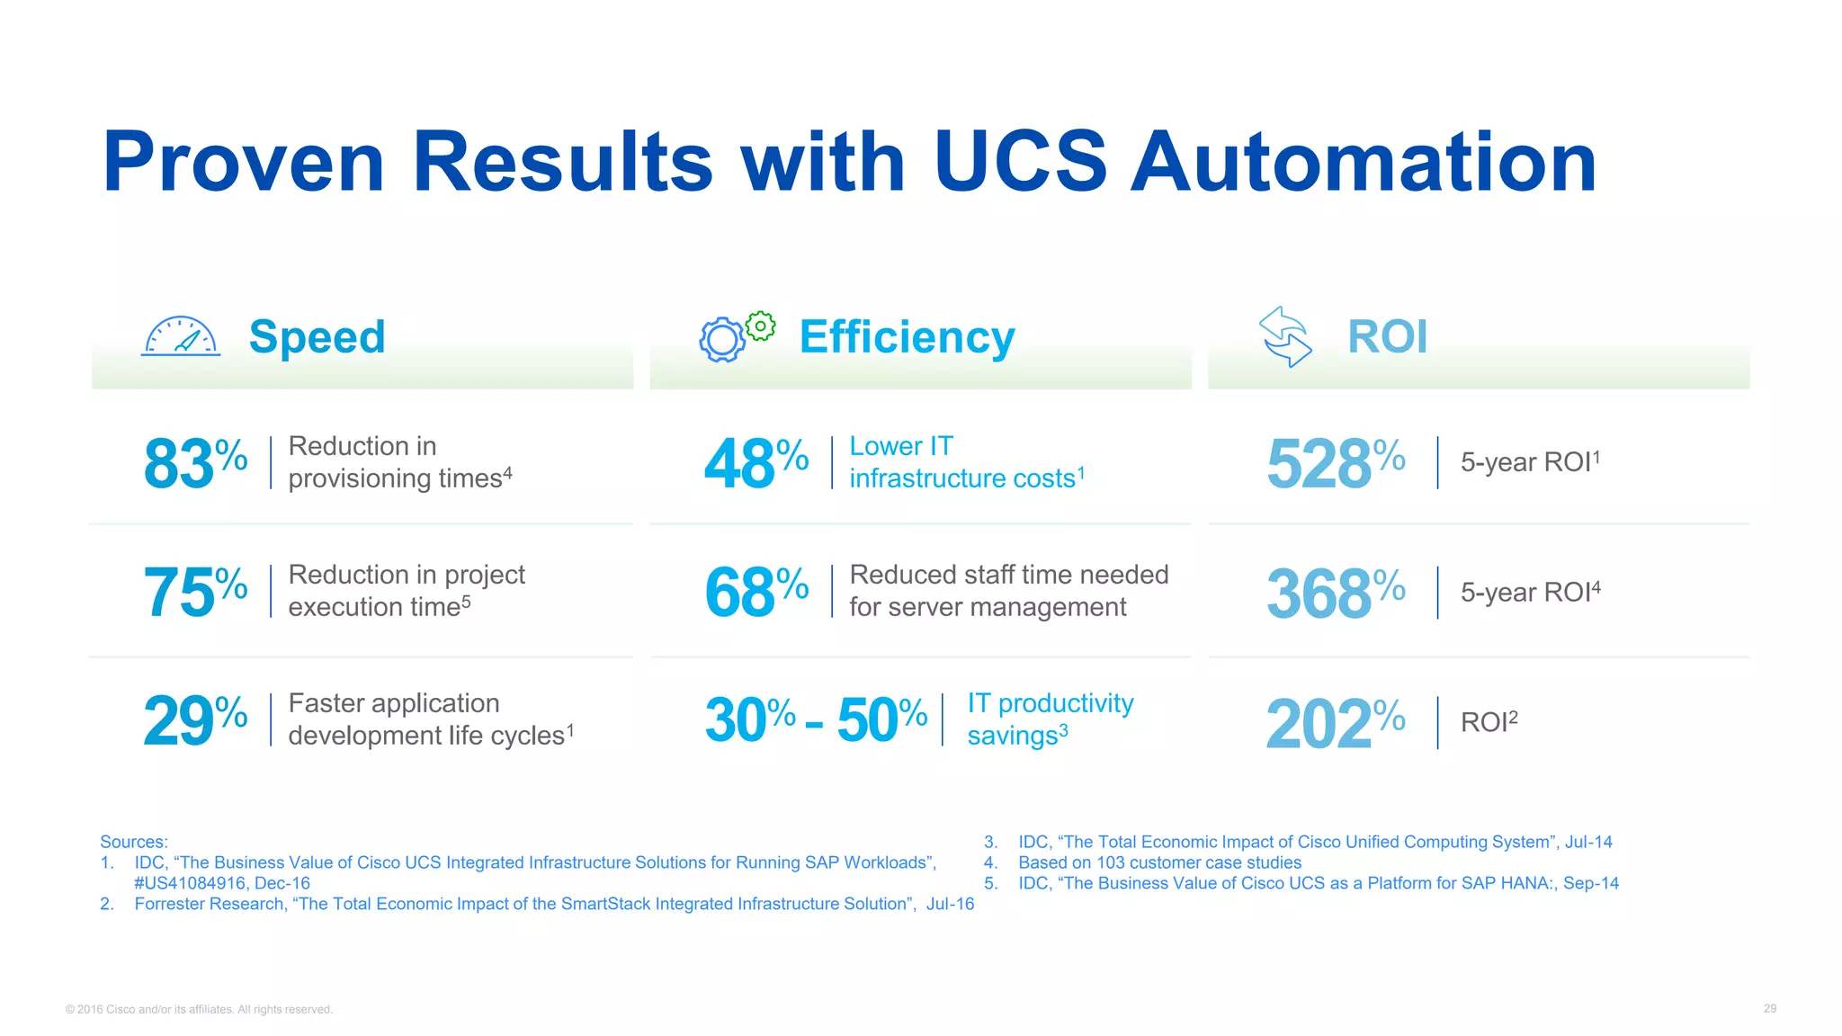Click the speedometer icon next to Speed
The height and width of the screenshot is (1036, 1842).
click(181, 337)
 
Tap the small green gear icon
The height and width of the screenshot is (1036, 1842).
click(761, 326)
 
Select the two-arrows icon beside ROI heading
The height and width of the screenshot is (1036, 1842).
click(1285, 336)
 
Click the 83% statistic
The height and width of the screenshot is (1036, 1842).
click(195, 463)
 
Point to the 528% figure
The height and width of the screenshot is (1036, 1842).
click(1335, 463)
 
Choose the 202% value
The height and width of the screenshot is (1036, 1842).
click(1335, 723)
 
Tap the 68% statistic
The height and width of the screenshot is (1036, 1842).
click(756, 593)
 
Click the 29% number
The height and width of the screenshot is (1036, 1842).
click(195, 720)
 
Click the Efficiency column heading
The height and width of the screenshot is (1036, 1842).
click(907, 337)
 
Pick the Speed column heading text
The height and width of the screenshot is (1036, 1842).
click(317, 337)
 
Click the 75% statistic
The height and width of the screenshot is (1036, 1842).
click(195, 593)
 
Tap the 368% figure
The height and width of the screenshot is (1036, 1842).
click(1335, 594)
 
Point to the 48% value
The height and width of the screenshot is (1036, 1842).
click(756, 463)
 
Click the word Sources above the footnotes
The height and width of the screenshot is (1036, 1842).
click(133, 842)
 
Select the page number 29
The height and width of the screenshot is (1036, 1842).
click(1769, 1008)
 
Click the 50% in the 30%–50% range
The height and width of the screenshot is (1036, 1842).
click(881, 719)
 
